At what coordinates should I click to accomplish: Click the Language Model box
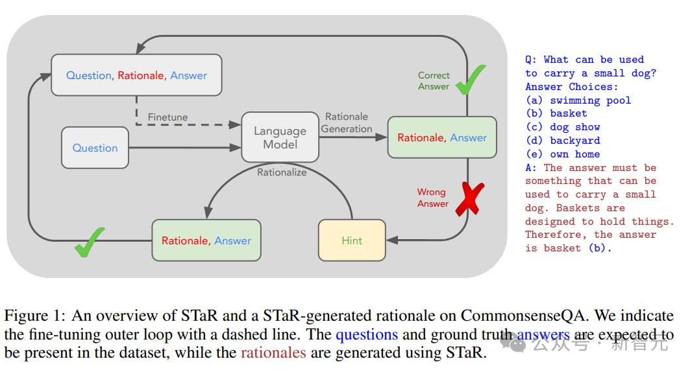click(280, 137)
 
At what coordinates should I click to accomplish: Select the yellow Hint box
click(352, 240)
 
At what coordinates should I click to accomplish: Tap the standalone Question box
click(95, 148)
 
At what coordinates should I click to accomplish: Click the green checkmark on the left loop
click(90, 241)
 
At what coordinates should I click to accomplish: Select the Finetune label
click(167, 117)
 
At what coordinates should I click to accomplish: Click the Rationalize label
click(282, 172)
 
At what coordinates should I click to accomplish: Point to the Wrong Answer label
click(432, 198)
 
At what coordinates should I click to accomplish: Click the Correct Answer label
click(434, 81)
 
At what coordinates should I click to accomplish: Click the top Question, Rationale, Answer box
click(136, 75)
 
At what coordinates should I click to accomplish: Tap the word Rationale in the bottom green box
click(185, 240)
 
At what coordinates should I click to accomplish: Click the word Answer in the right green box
click(468, 137)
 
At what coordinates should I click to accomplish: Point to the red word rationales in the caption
click(273, 353)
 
